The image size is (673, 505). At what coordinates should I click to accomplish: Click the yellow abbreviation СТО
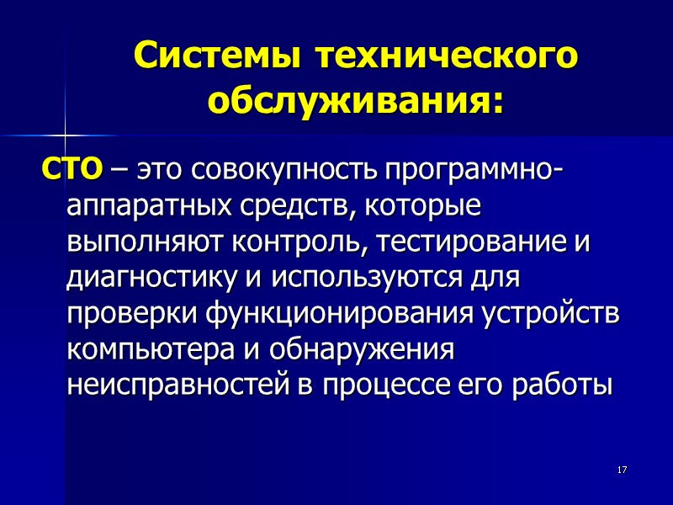[x=72, y=170]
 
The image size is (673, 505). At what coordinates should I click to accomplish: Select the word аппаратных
[x=140, y=206]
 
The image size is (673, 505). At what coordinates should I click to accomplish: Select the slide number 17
[x=623, y=469]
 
